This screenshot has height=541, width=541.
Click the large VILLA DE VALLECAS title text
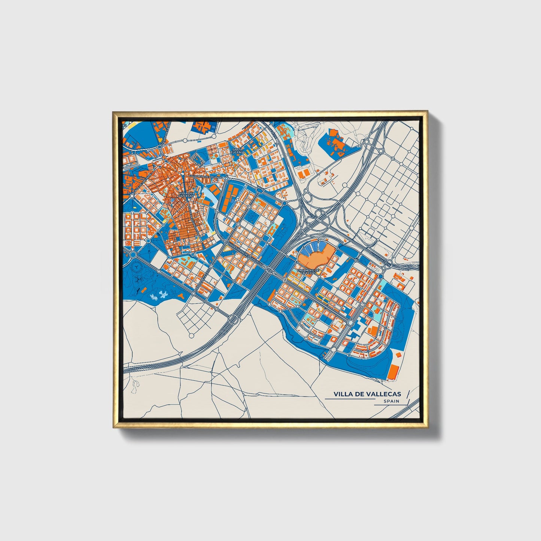367,394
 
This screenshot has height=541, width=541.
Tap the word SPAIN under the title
391,401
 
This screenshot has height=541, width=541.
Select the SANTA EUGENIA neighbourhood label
238,151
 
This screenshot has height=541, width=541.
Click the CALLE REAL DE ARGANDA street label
205,176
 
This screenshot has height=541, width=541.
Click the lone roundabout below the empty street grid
191,334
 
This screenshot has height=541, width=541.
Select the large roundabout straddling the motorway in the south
233,319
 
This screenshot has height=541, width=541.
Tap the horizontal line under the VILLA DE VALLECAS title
350,399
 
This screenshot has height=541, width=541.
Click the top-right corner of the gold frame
427,112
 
